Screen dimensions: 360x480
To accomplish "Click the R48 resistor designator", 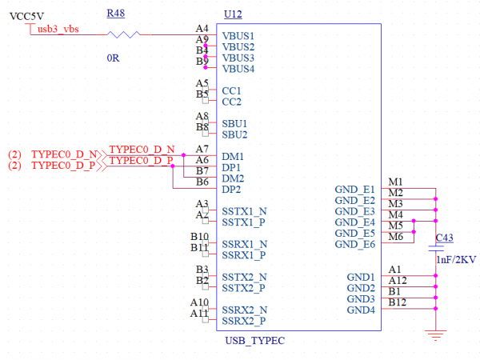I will click(x=115, y=13).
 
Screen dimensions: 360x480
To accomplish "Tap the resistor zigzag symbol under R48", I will click(x=123, y=34).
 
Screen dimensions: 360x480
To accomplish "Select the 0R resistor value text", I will click(x=113, y=58).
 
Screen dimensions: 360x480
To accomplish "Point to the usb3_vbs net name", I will click(x=58, y=29).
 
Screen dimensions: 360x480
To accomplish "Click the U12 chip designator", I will click(x=233, y=13).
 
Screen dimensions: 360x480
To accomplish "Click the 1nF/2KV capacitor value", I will click(x=455, y=260).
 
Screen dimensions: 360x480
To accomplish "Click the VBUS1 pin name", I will click(x=238, y=37).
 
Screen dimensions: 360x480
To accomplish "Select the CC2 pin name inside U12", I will click(x=231, y=102).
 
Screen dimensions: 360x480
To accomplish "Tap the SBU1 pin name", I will click(x=234, y=123).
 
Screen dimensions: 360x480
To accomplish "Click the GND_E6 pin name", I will click(x=356, y=244).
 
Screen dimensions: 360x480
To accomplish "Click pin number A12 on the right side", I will click(x=398, y=280).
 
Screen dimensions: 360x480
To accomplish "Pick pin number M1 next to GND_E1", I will click(x=395, y=182).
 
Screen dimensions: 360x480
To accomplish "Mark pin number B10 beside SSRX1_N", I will click(x=199, y=237).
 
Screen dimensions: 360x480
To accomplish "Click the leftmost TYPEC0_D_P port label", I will click(x=64, y=165).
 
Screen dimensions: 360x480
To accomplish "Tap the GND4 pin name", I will click(x=361, y=310).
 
